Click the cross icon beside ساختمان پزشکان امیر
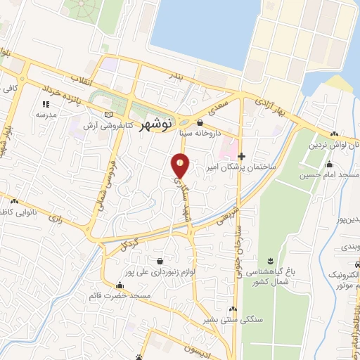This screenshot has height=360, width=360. click(x=241, y=156)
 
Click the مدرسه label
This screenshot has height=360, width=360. click(x=46, y=114)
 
